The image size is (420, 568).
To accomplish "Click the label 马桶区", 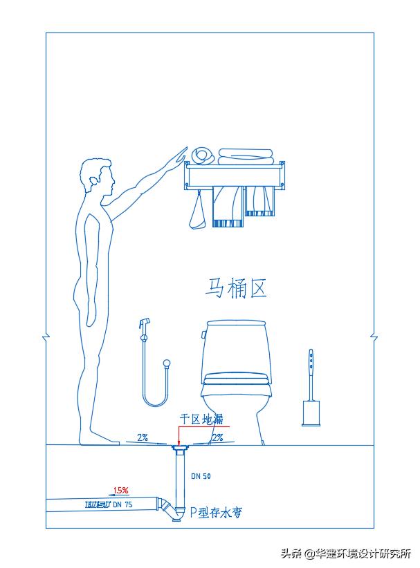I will point(236,287).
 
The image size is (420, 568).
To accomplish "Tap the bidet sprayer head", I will point(144,324).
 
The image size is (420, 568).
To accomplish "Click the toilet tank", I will point(235,345).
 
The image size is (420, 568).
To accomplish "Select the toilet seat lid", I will point(235,379).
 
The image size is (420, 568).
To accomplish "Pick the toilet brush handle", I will point(311,366).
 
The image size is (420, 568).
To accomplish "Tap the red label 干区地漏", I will point(201,419).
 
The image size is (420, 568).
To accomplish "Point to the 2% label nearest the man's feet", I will point(143,437).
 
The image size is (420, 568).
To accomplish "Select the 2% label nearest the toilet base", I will point(217,437).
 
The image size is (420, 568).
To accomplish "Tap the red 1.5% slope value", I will point(121,490).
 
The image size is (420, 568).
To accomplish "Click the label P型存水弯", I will point(216,513).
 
